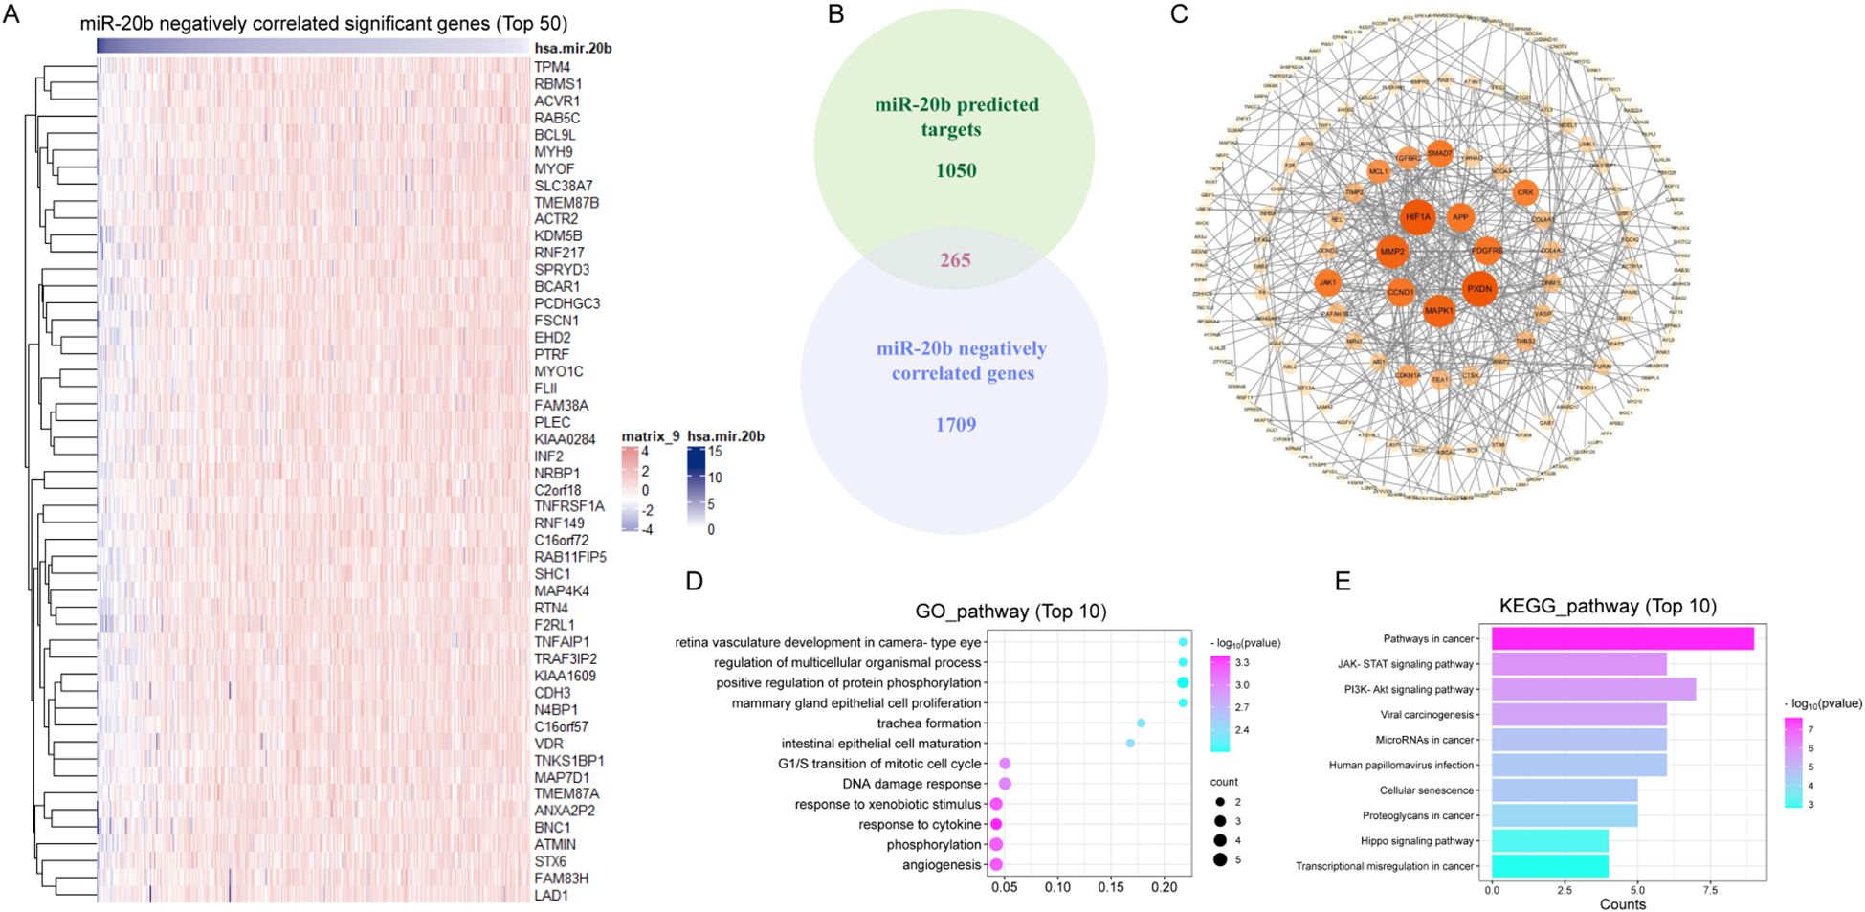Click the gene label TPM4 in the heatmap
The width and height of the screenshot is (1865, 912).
coord(552,67)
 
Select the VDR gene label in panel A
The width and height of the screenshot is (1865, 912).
coord(548,744)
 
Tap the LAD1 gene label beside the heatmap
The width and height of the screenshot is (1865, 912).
coord(551,896)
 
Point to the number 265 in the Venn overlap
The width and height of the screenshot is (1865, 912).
coord(955,259)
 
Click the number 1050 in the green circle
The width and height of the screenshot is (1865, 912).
coord(956,170)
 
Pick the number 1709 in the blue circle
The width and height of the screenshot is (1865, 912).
coord(956,424)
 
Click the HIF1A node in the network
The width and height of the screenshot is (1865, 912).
coord(1417,217)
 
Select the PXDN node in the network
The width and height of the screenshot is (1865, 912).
coord(1479,288)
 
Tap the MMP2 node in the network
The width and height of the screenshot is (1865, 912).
coord(1392,252)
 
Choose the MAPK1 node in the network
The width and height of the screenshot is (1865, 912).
coord(1439,310)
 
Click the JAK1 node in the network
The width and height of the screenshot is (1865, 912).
coord(1327,282)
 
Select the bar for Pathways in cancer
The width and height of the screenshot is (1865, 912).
coord(1622,638)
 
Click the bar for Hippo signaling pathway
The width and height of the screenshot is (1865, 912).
coord(1550,841)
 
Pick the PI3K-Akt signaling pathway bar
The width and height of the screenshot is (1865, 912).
coord(1593,689)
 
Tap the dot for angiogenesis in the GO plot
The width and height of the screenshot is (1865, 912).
coord(996,864)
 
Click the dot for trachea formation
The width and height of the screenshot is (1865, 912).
coord(1141,723)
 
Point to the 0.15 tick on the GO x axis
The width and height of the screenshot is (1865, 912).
coord(1111,887)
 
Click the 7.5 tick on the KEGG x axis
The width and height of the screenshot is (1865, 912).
coord(1710,890)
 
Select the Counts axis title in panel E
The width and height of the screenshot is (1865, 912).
coord(1622,904)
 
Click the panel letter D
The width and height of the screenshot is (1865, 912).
coord(695,581)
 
